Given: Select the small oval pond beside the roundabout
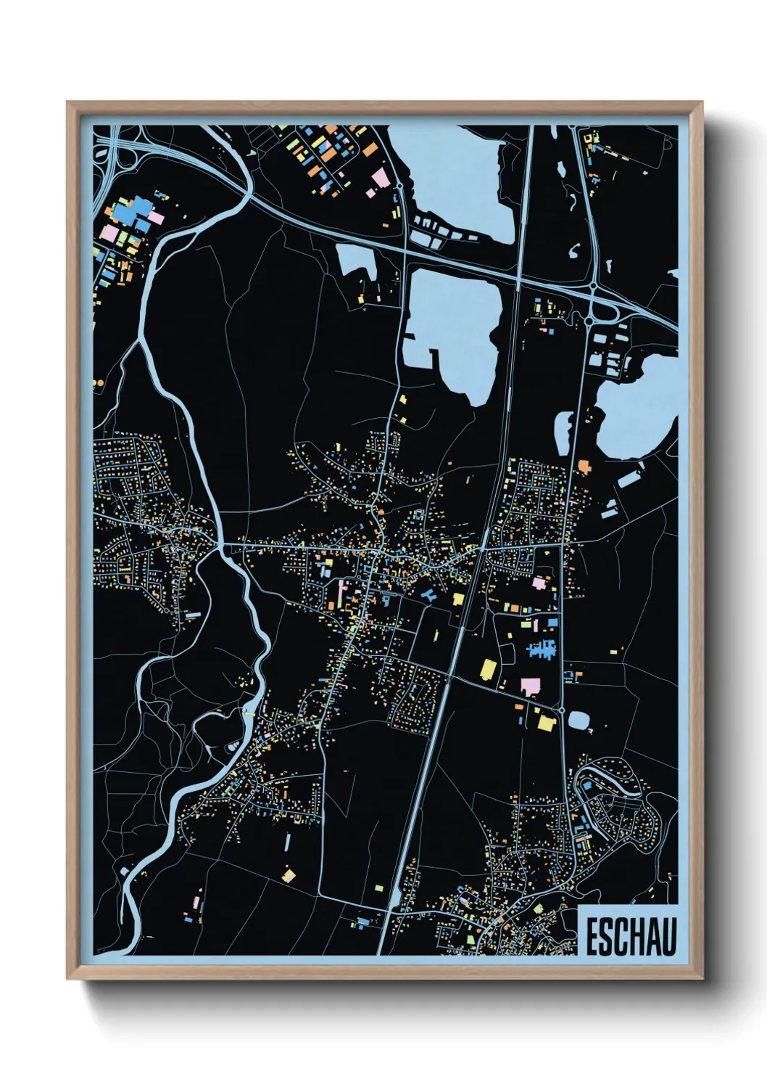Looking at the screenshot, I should pyautogui.click(x=579, y=720).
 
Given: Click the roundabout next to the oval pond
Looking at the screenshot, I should pyautogui.click(x=561, y=710).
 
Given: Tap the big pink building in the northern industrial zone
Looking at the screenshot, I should pyautogui.click(x=380, y=177).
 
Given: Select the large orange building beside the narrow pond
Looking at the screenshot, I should pyautogui.click(x=583, y=465).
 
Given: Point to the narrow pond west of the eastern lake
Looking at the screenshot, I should pyautogui.click(x=563, y=433).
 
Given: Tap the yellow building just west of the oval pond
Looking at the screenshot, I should pyautogui.click(x=545, y=722).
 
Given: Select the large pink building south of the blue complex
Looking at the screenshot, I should pyautogui.click(x=530, y=686).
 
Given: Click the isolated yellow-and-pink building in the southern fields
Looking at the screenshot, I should pyautogui.click(x=289, y=876).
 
